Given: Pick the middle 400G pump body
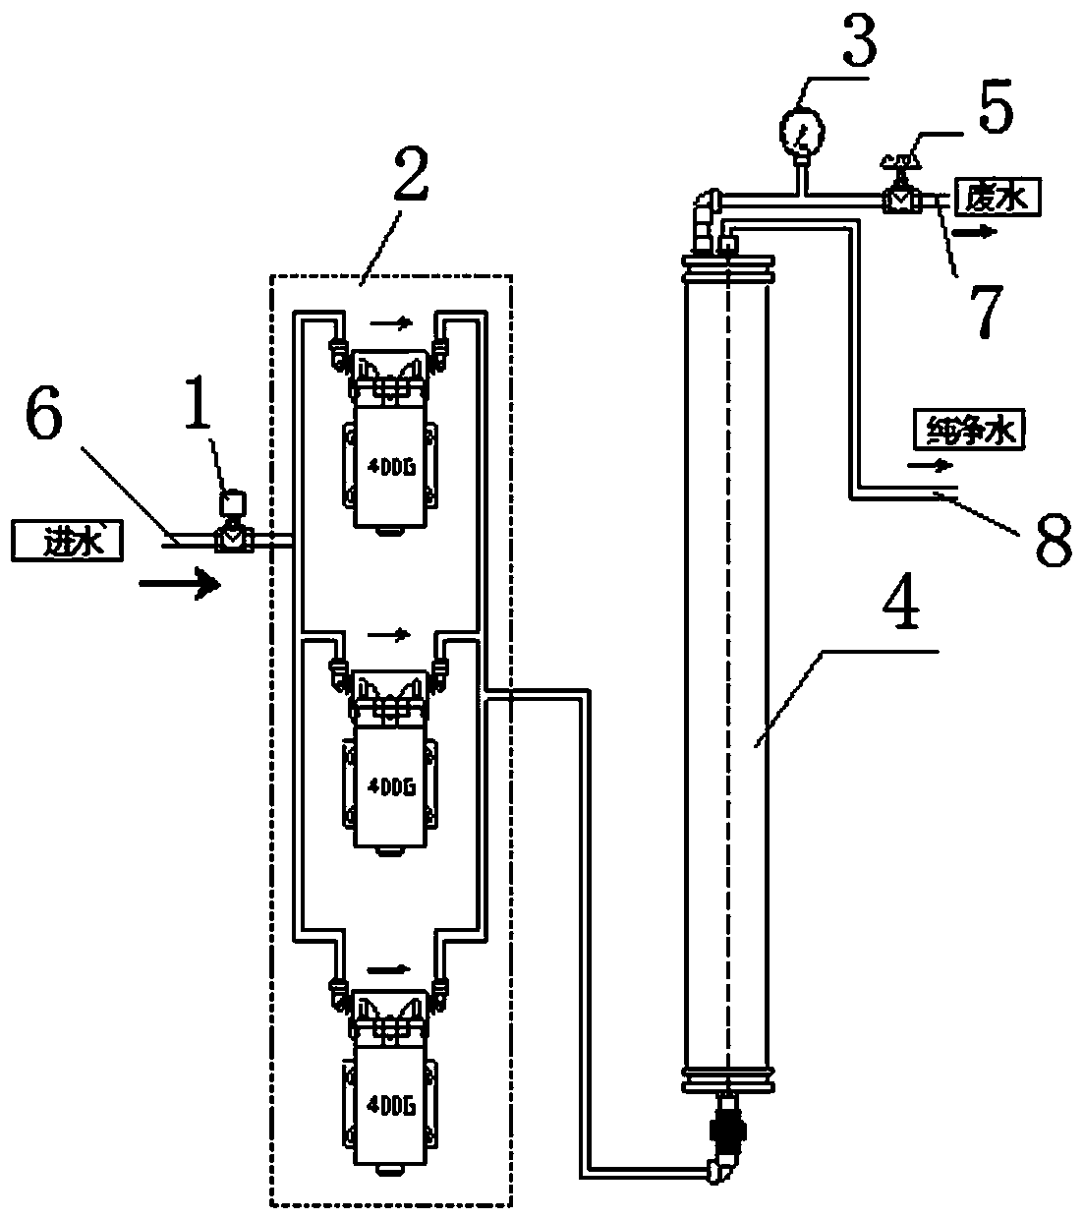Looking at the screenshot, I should tap(390, 786).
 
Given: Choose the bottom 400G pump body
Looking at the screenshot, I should tap(390, 1106).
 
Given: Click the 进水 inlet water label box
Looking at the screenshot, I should tap(68, 541).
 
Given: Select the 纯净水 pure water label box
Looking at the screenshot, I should tap(969, 430).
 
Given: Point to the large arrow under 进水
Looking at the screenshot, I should tap(180, 584).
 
